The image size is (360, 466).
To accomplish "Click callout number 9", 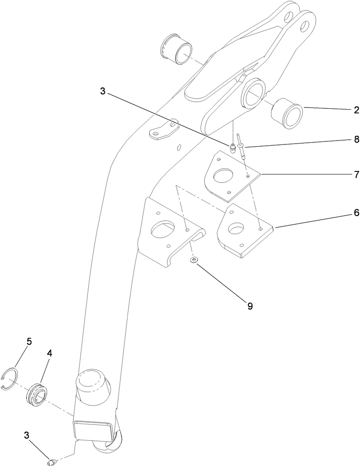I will [249, 306].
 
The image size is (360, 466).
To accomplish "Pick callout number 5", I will [29, 342].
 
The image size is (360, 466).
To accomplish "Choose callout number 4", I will [49, 354].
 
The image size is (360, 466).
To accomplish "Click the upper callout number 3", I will [102, 92].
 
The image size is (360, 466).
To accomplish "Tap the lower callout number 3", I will [27, 435].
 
